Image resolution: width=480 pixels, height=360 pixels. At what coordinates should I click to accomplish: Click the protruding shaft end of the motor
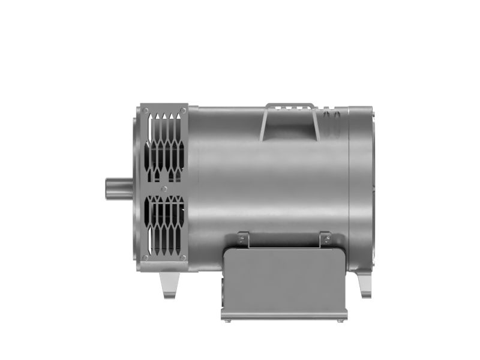(118, 188)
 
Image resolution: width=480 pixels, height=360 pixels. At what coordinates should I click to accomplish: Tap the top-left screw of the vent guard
(146, 110)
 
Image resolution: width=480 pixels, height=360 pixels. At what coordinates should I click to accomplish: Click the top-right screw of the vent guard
(182, 110)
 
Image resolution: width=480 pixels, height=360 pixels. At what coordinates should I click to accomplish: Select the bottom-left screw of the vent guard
(146, 258)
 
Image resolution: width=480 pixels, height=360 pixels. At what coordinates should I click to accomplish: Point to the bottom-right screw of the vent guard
(182, 258)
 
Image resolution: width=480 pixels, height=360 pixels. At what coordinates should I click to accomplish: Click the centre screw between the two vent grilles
(164, 188)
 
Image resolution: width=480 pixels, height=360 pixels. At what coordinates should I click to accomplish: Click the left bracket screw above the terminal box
(242, 239)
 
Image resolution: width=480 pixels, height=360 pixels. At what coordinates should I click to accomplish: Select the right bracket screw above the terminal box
(325, 239)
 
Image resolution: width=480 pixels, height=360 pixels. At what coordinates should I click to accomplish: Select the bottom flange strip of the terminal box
(284, 314)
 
